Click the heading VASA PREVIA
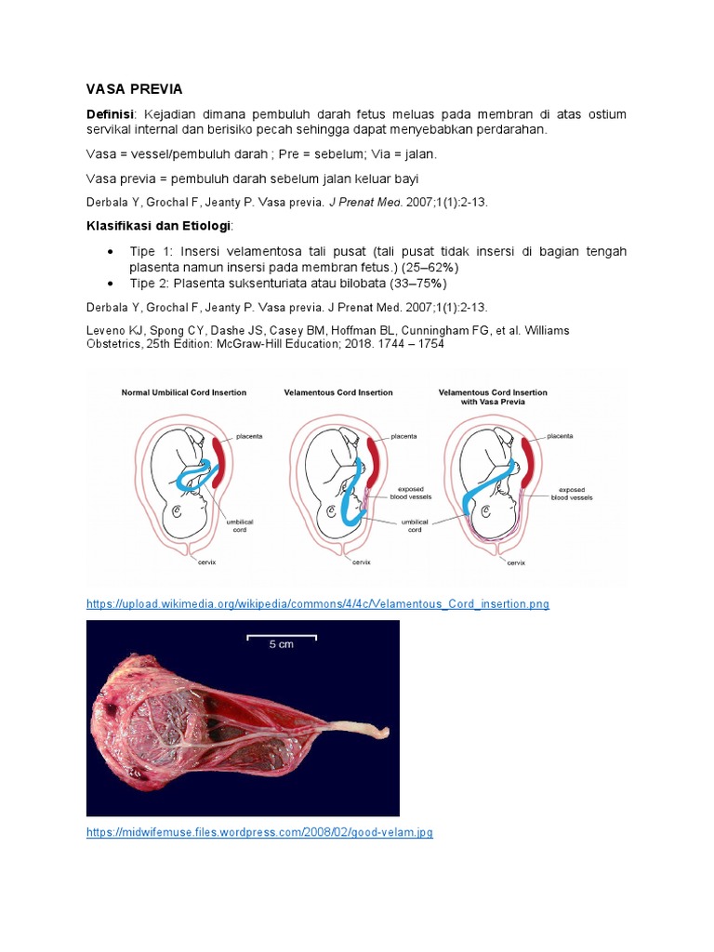coord(134,89)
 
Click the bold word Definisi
coord(111,114)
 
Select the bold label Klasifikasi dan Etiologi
coord(157,226)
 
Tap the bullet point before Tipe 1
coord(111,253)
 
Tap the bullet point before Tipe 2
coord(111,284)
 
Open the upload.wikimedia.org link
coord(318,604)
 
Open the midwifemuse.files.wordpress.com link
coord(259,833)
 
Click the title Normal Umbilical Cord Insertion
coord(184,392)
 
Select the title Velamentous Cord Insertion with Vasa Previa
coord(493,397)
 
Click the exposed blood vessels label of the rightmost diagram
coord(572,493)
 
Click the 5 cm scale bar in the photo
coord(281,638)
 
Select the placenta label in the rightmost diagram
coord(560,435)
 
